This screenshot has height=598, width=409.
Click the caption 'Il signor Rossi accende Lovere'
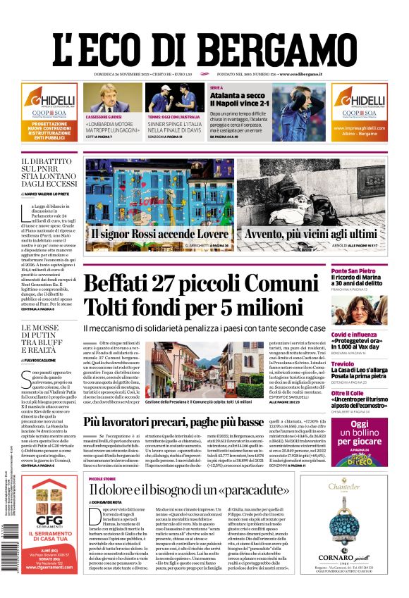point(159,234)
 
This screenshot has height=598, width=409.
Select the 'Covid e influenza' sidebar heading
point(358,335)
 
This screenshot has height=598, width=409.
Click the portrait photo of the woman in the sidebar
point(358,310)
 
